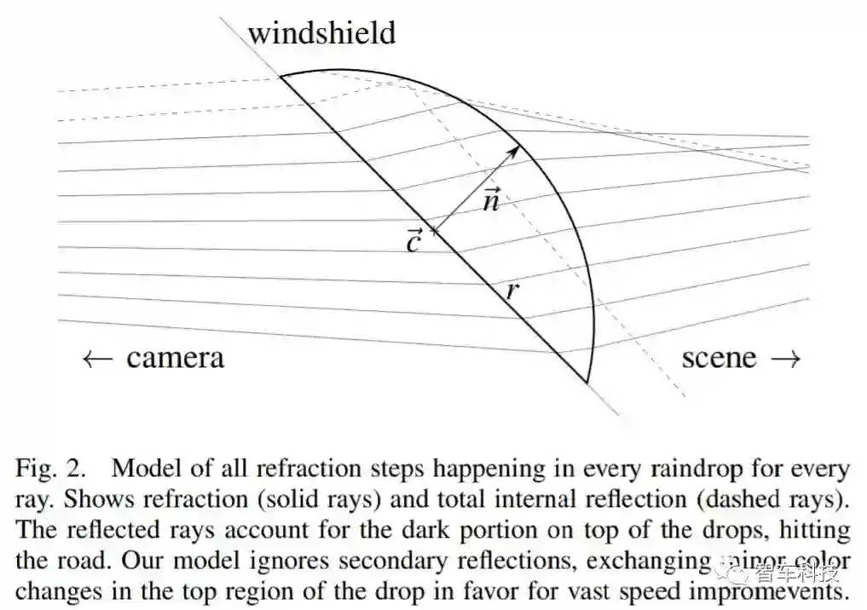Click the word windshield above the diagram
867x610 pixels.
tap(321, 33)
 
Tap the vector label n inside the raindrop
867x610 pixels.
tap(491, 200)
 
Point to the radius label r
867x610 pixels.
tap(512, 291)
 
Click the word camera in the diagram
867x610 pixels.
tap(175, 358)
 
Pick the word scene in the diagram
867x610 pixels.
tap(719, 358)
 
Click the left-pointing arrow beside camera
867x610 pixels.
tap(96, 359)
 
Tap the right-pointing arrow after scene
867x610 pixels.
tap(786, 359)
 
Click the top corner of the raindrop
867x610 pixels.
tap(282, 76)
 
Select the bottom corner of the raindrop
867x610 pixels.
tap(587, 383)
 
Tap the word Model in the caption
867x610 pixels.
tap(142, 469)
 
